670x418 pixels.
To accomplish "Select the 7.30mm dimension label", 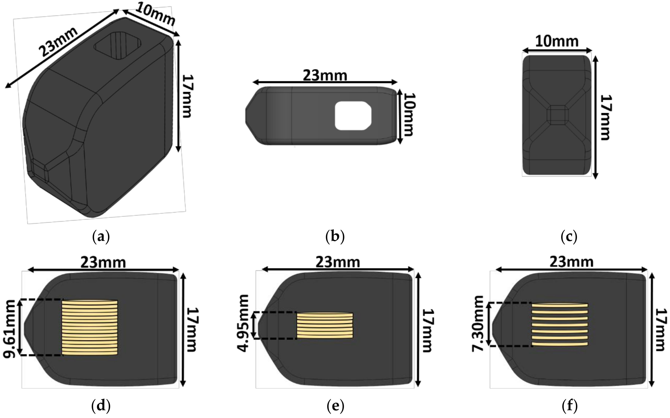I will click(x=478, y=324).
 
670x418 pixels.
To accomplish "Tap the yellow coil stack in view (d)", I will click(x=90, y=328).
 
